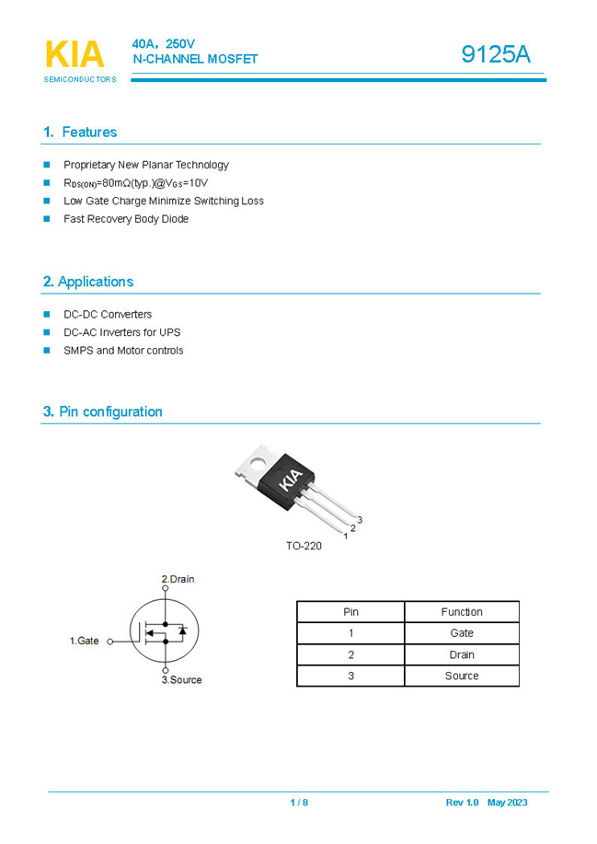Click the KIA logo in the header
point(75,55)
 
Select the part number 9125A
point(496,54)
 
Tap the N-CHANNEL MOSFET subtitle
point(195,60)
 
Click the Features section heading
point(80,133)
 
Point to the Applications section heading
point(88,282)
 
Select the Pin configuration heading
point(102,411)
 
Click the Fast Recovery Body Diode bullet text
point(126,219)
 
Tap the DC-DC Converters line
point(108,315)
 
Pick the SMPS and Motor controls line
point(123,351)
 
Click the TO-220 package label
point(304,546)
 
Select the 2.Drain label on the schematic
point(178,579)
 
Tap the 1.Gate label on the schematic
point(85,641)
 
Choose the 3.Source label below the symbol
point(181,680)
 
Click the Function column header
point(461,612)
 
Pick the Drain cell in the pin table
point(461,654)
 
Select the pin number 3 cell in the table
point(350,676)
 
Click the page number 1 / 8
point(299,803)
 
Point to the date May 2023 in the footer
point(507,803)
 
